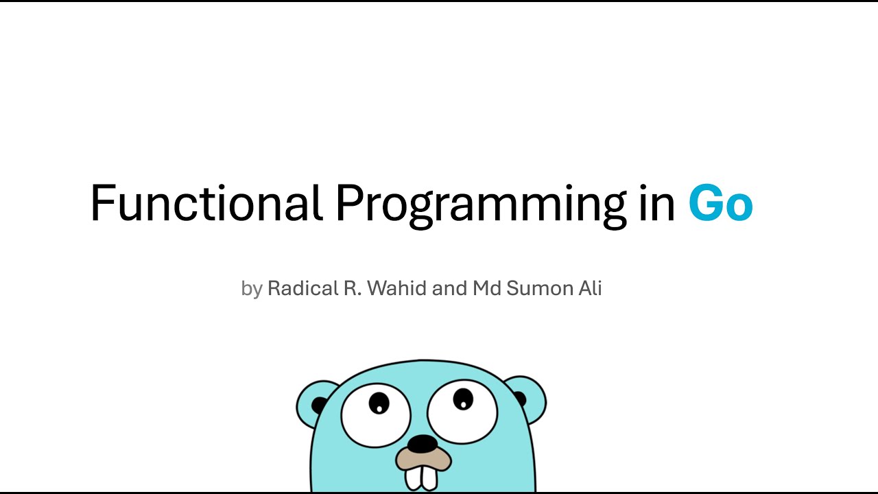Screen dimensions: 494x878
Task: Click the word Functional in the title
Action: point(206,204)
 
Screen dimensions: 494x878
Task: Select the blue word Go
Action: point(720,204)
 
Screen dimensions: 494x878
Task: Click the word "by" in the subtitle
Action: point(252,289)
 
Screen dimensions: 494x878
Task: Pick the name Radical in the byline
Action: point(302,288)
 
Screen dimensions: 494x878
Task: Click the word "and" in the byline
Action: point(450,288)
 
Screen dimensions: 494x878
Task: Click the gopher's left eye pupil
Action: point(378,403)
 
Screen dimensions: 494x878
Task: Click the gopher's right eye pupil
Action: point(463,398)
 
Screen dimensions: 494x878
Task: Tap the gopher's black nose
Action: point(423,444)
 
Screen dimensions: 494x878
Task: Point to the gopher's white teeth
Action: point(421,478)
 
